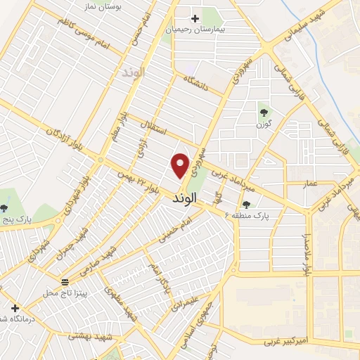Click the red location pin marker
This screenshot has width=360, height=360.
181,165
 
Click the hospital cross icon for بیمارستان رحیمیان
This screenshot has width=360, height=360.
195,18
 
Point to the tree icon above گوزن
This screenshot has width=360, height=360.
264,110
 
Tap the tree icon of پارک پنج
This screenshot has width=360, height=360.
4,207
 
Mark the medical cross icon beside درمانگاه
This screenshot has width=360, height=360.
15,308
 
